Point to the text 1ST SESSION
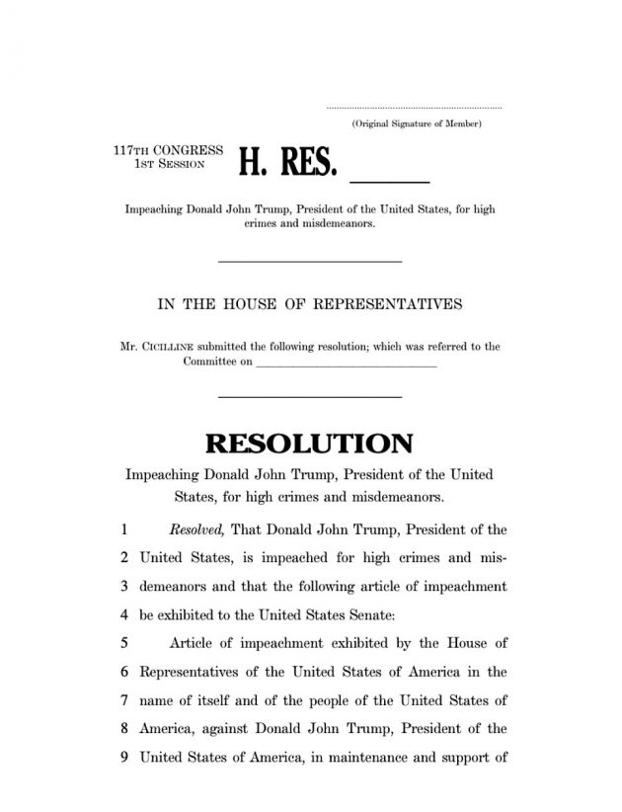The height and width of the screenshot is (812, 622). pyautogui.click(x=169, y=164)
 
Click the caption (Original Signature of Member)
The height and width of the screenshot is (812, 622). pyautogui.click(x=416, y=123)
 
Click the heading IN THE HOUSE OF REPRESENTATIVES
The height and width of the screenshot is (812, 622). pyautogui.click(x=310, y=303)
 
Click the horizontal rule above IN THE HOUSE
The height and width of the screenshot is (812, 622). pyautogui.click(x=309, y=261)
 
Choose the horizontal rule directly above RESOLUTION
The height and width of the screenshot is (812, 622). pyautogui.click(x=309, y=396)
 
